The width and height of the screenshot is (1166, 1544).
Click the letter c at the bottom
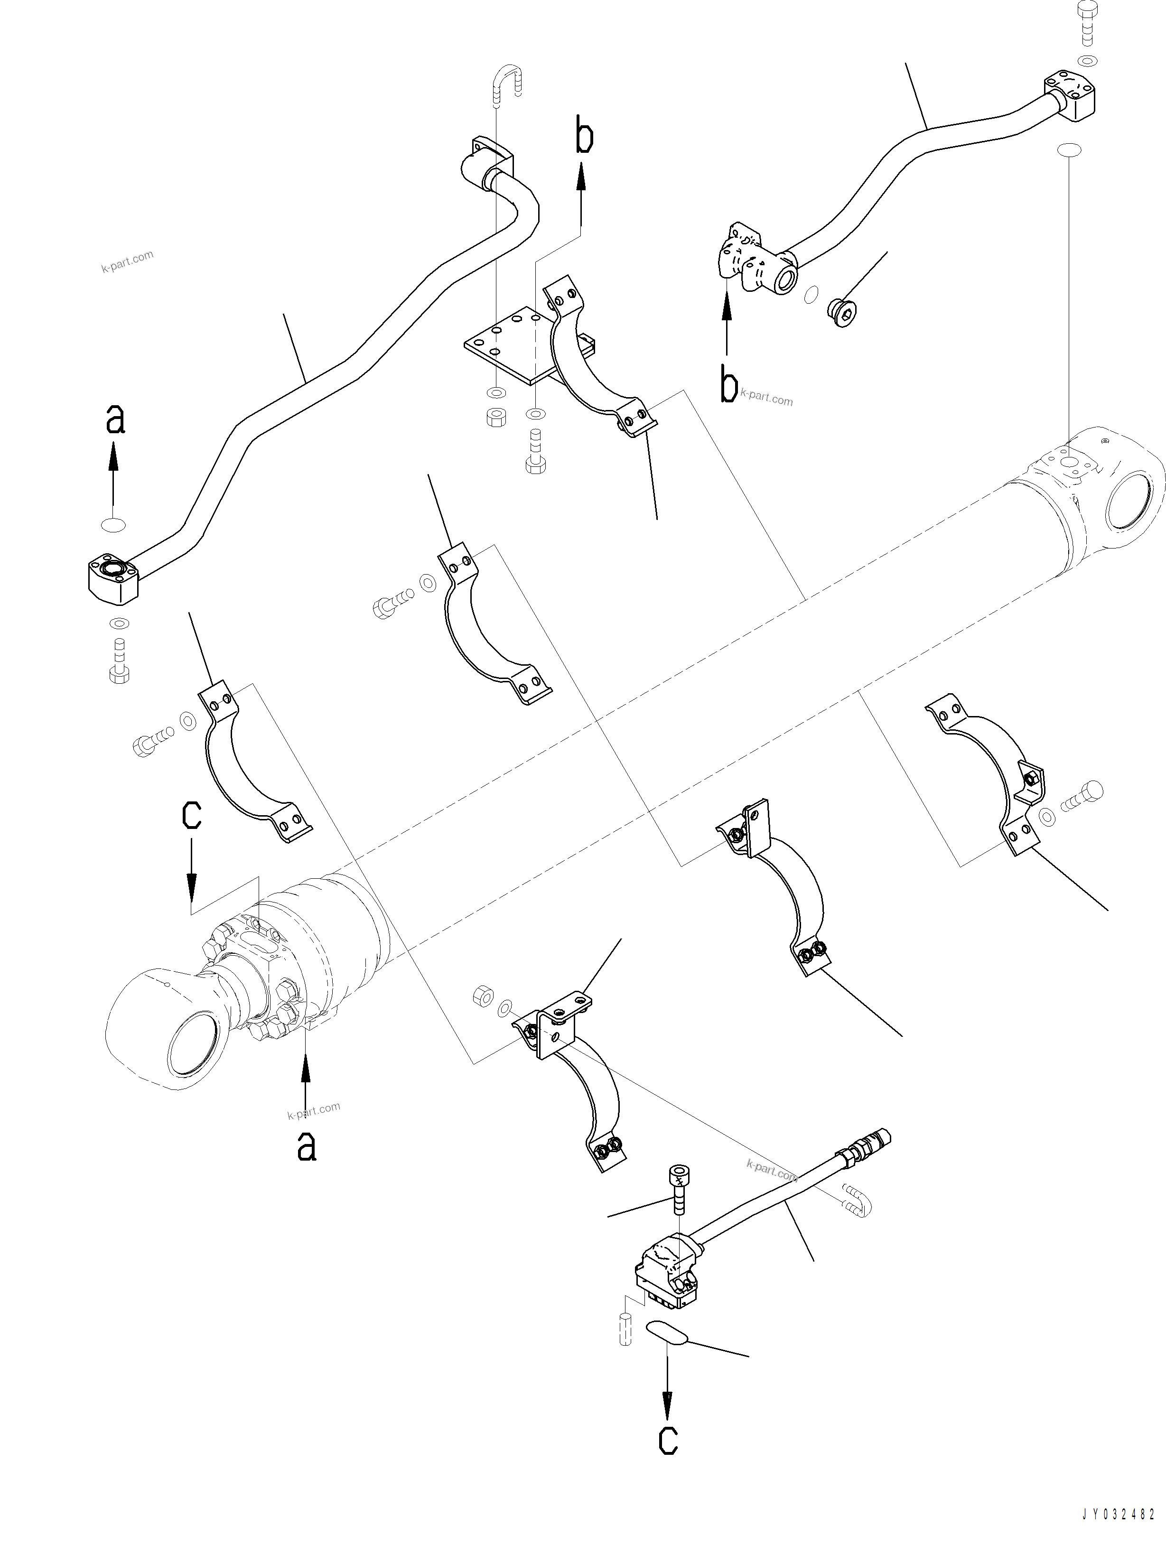668,1439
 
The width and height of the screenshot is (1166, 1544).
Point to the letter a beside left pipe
114,419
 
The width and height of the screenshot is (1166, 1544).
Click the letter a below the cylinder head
306,1145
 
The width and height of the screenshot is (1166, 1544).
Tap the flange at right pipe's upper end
1070,96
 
